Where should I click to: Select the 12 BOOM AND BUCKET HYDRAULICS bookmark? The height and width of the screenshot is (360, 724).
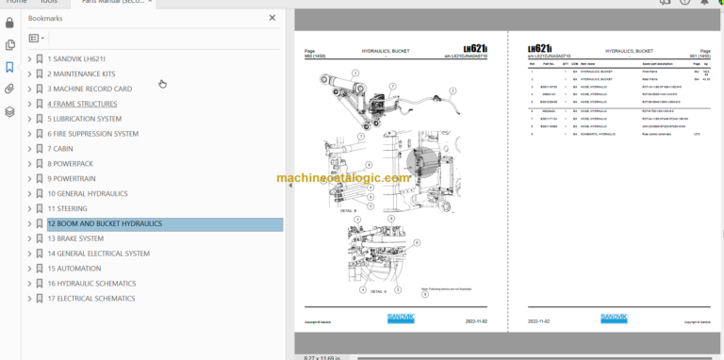click(x=105, y=223)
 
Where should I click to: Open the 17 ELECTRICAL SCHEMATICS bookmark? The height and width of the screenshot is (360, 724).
click(x=90, y=298)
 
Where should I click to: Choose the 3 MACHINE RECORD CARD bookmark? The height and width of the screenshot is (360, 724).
click(x=90, y=89)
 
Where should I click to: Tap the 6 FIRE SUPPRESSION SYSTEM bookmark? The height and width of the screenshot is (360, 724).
click(x=92, y=134)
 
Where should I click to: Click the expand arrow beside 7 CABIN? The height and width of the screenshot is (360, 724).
click(x=29, y=149)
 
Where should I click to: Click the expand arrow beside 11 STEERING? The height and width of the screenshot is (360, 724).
click(x=29, y=208)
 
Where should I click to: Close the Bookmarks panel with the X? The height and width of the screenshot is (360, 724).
click(x=272, y=17)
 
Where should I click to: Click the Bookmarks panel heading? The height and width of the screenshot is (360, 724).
click(x=45, y=18)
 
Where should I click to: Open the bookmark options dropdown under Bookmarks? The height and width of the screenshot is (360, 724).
click(x=37, y=39)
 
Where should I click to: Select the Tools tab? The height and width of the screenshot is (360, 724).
click(x=48, y=3)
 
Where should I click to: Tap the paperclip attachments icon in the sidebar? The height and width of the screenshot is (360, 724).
click(x=9, y=90)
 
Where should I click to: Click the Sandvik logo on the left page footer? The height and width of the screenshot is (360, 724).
click(x=401, y=319)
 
